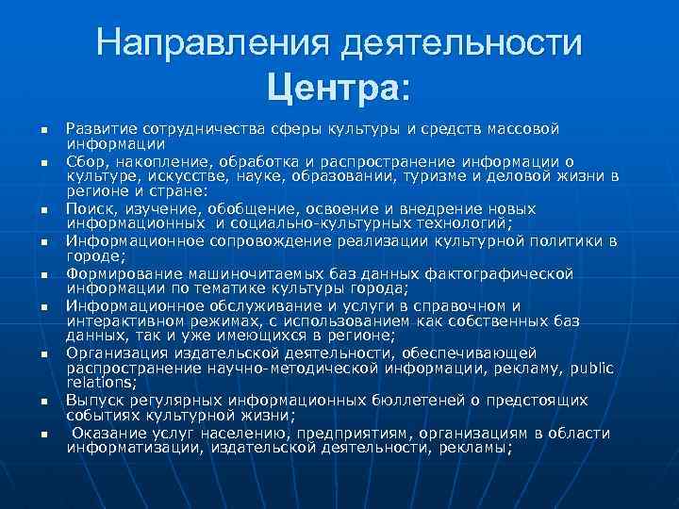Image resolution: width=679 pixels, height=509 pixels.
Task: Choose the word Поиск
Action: (87, 209)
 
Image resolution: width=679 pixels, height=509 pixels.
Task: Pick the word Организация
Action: (112, 353)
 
